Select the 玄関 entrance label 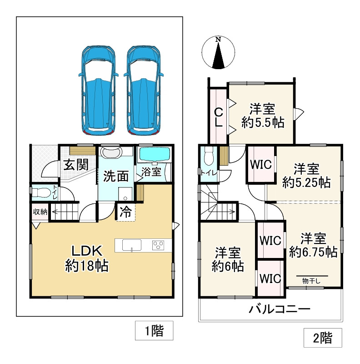click(76, 165)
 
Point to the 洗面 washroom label click(115, 176)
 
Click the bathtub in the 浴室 click(154, 155)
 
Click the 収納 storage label click(40, 212)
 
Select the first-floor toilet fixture click(40, 192)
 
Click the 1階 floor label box click(154, 331)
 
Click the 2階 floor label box click(322, 338)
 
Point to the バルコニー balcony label click(279, 310)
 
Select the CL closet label click(218, 116)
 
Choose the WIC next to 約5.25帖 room click(261, 164)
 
